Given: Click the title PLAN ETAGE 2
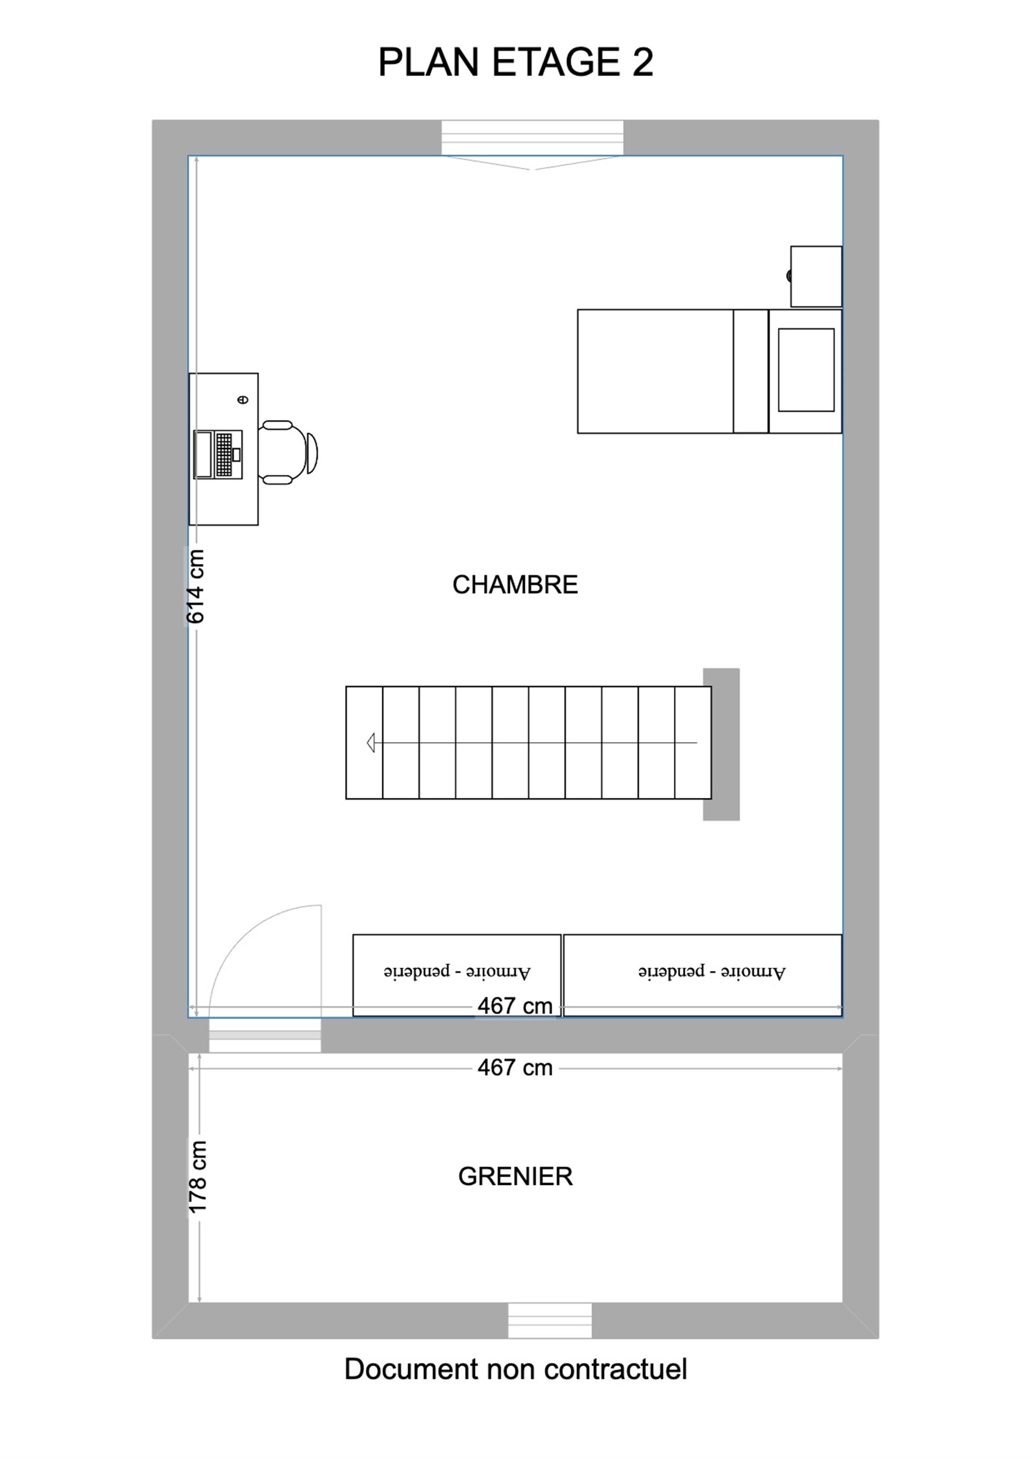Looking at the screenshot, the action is (x=515, y=62).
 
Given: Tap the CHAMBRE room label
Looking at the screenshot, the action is (x=515, y=585).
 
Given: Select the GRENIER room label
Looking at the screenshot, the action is (x=515, y=1176).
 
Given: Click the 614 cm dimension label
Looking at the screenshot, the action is (x=195, y=586).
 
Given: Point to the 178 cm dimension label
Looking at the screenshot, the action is (x=198, y=1177).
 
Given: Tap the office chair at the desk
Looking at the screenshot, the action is (x=288, y=453).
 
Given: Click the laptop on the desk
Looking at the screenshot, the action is (x=218, y=454).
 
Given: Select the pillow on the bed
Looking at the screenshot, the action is (x=806, y=370).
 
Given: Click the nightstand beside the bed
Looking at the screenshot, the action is (x=816, y=277).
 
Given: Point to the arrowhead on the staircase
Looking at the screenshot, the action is (x=370, y=742).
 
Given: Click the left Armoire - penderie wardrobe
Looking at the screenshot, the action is (x=457, y=975).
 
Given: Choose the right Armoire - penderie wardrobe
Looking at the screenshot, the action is (x=703, y=975).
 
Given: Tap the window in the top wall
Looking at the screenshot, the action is (x=533, y=138).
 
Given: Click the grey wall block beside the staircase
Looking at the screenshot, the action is (x=721, y=744).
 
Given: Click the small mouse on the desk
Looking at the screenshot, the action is (x=243, y=399).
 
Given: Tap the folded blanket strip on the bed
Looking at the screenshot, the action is (x=750, y=371).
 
